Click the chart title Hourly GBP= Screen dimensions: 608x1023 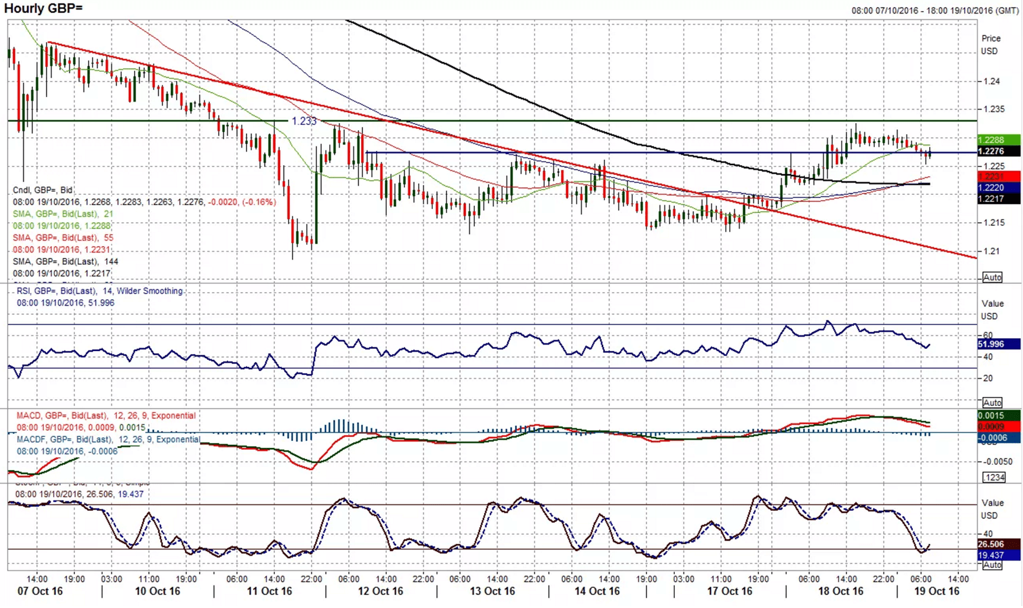pos(43,8)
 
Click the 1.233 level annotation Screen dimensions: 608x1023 pos(303,121)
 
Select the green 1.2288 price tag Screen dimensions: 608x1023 pos(998,140)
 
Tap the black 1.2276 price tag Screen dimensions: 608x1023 pos(998,152)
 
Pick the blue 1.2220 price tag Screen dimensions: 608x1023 pos(998,188)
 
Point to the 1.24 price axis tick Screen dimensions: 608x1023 pos(991,82)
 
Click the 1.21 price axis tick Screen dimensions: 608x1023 pos(991,251)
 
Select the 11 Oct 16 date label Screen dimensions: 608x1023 pos(269,591)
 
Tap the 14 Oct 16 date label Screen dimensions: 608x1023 pos(597,591)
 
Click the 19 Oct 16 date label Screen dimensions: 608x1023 pos(936,591)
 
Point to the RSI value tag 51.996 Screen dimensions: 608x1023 pos(998,344)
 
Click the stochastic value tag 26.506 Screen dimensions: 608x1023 pos(998,545)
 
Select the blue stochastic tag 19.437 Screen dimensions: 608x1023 pos(998,556)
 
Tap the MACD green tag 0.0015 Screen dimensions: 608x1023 pos(998,416)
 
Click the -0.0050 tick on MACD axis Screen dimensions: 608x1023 pos(998,462)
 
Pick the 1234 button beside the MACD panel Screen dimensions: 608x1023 pos(993,477)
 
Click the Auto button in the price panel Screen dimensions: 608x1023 pos(992,277)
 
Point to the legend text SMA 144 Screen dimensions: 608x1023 pos(65,262)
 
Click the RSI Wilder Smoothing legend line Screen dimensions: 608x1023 pos(100,291)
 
